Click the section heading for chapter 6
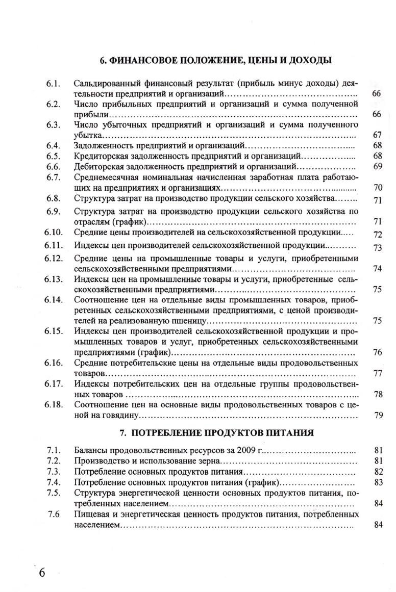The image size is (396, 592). (x=216, y=61)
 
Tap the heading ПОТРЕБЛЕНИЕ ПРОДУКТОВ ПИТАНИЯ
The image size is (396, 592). (x=216, y=433)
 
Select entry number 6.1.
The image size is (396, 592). (x=53, y=83)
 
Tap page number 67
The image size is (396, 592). (x=378, y=135)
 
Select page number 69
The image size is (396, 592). (x=378, y=166)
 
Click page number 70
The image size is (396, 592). (x=378, y=188)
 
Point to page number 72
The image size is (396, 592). (x=378, y=235)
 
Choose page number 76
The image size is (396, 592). (x=378, y=352)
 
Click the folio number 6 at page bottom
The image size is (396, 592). (x=42, y=572)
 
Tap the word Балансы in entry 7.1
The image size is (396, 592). (x=90, y=450)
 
